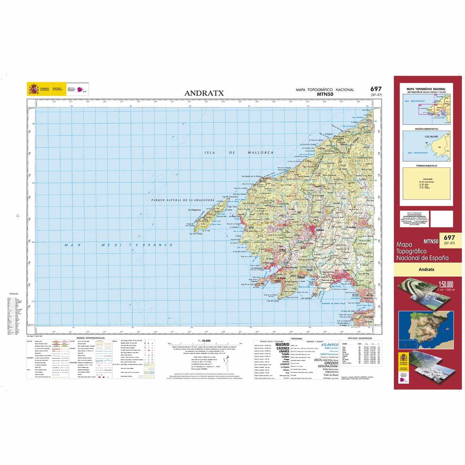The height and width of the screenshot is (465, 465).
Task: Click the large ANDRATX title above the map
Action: (x=201, y=93)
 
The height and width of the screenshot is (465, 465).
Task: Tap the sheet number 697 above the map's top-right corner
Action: (x=375, y=89)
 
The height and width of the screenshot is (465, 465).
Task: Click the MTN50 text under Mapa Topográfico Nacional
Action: (x=325, y=94)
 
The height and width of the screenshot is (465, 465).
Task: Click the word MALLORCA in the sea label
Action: (x=260, y=153)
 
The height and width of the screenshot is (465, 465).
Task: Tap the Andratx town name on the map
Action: (x=320, y=230)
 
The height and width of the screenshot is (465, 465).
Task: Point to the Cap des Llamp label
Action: (x=273, y=301)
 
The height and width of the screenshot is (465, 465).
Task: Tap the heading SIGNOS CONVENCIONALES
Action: (x=91, y=338)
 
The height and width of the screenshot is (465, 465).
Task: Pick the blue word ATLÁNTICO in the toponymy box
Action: (x=330, y=344)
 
